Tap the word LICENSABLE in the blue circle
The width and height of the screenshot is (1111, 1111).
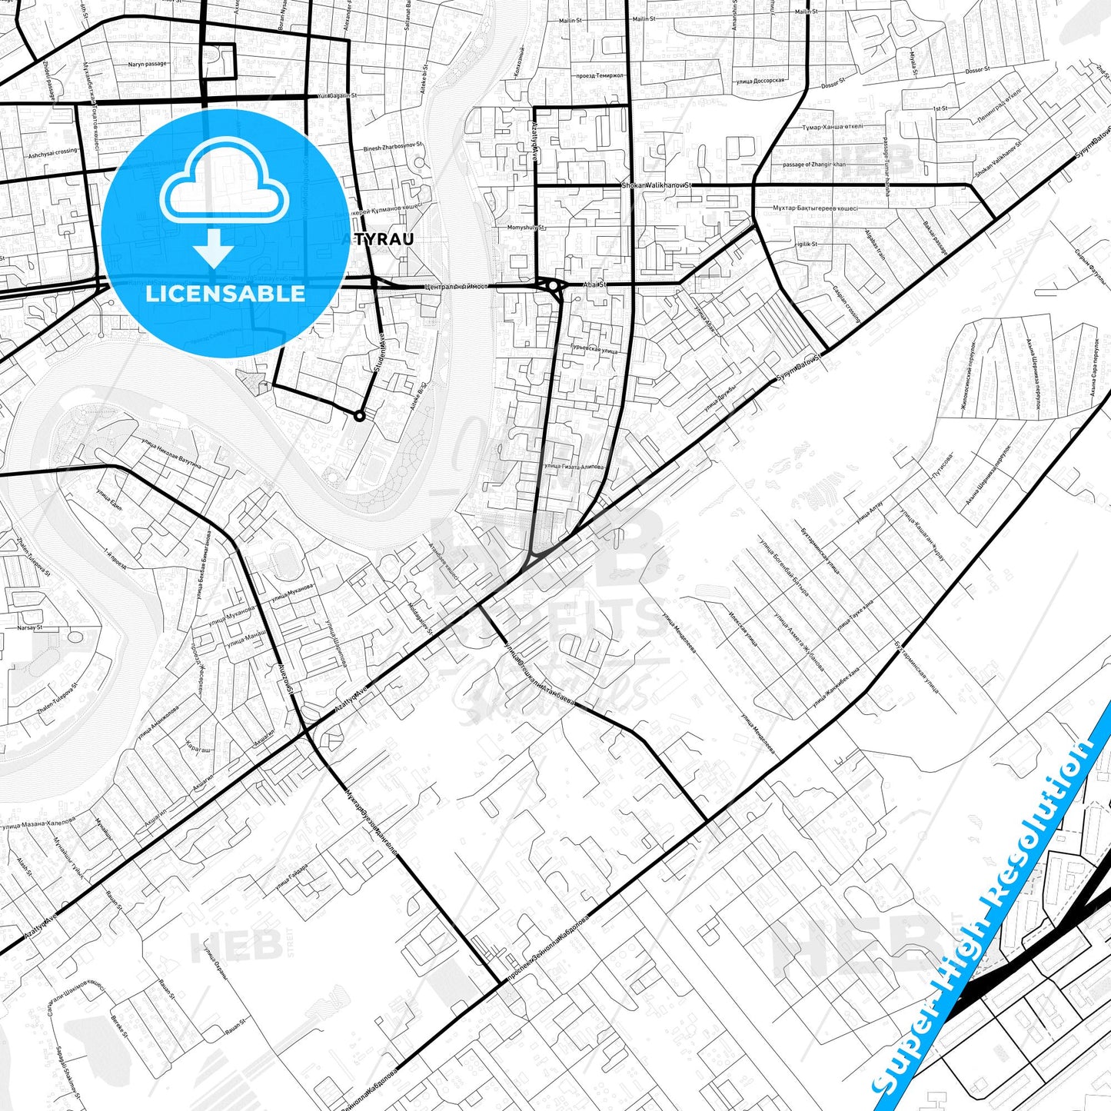[x=225, y=294]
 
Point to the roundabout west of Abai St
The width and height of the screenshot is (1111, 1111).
[x=554, y=287]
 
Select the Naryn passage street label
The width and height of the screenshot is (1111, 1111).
[x=147, y=64]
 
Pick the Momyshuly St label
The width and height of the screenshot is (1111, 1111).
[x=526, y=228]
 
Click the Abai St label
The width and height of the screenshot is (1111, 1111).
[x=595, y=284]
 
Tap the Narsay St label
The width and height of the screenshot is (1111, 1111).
[x=30, y=627]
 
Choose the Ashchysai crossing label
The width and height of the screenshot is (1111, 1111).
[x=53, y=152]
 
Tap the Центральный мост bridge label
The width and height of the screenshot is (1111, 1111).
[x=457, y=287]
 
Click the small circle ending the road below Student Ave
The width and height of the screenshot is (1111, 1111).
[x=359, y=416]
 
